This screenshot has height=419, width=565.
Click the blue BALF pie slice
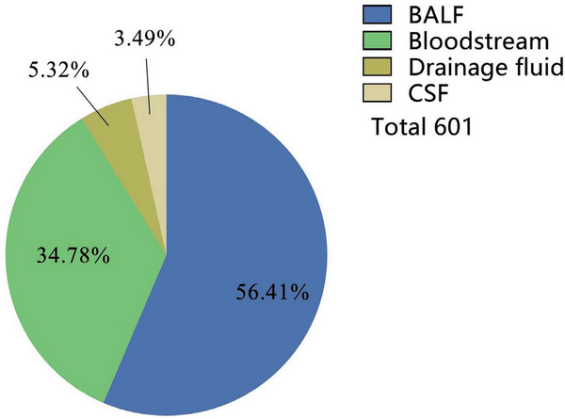[x=245, y=235]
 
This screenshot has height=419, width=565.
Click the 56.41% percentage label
[x=272, y=293]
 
